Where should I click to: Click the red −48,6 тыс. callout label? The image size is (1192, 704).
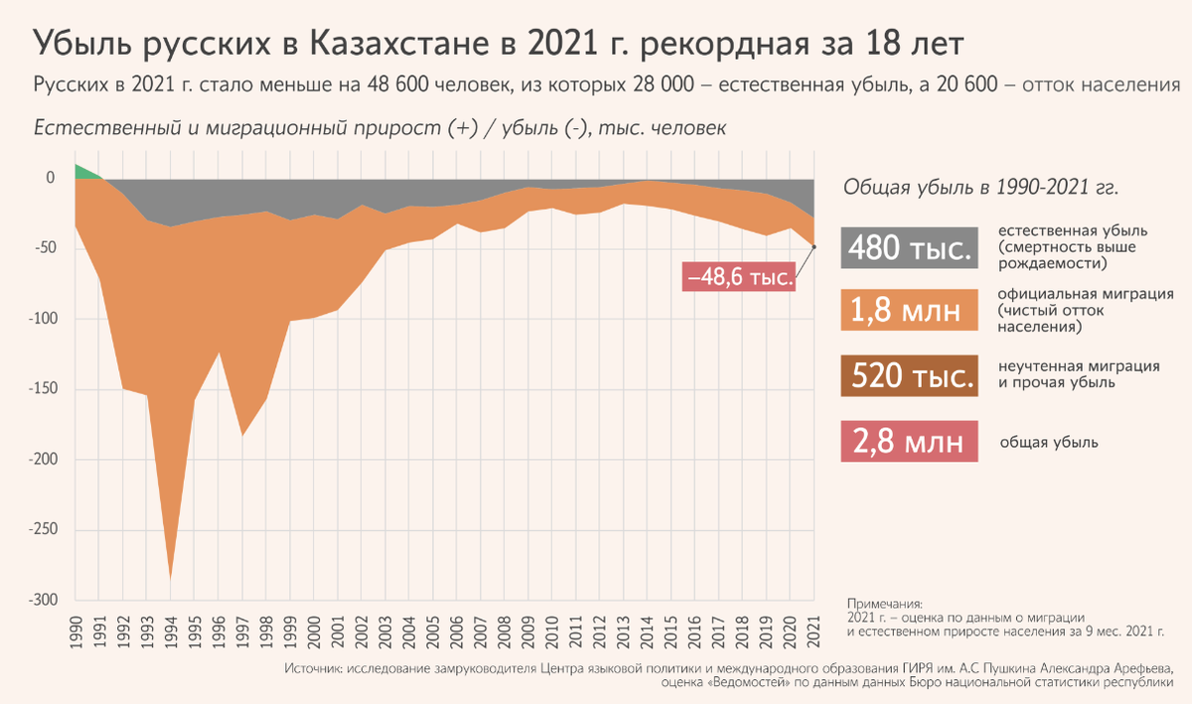coord(739,277)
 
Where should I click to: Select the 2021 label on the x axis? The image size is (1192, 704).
coord(814,631)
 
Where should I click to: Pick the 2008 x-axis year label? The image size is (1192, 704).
coord(505,631)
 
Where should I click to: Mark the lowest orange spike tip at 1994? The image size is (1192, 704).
coord(172,577)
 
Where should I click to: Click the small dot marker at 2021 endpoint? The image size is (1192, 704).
coord(814,246)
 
